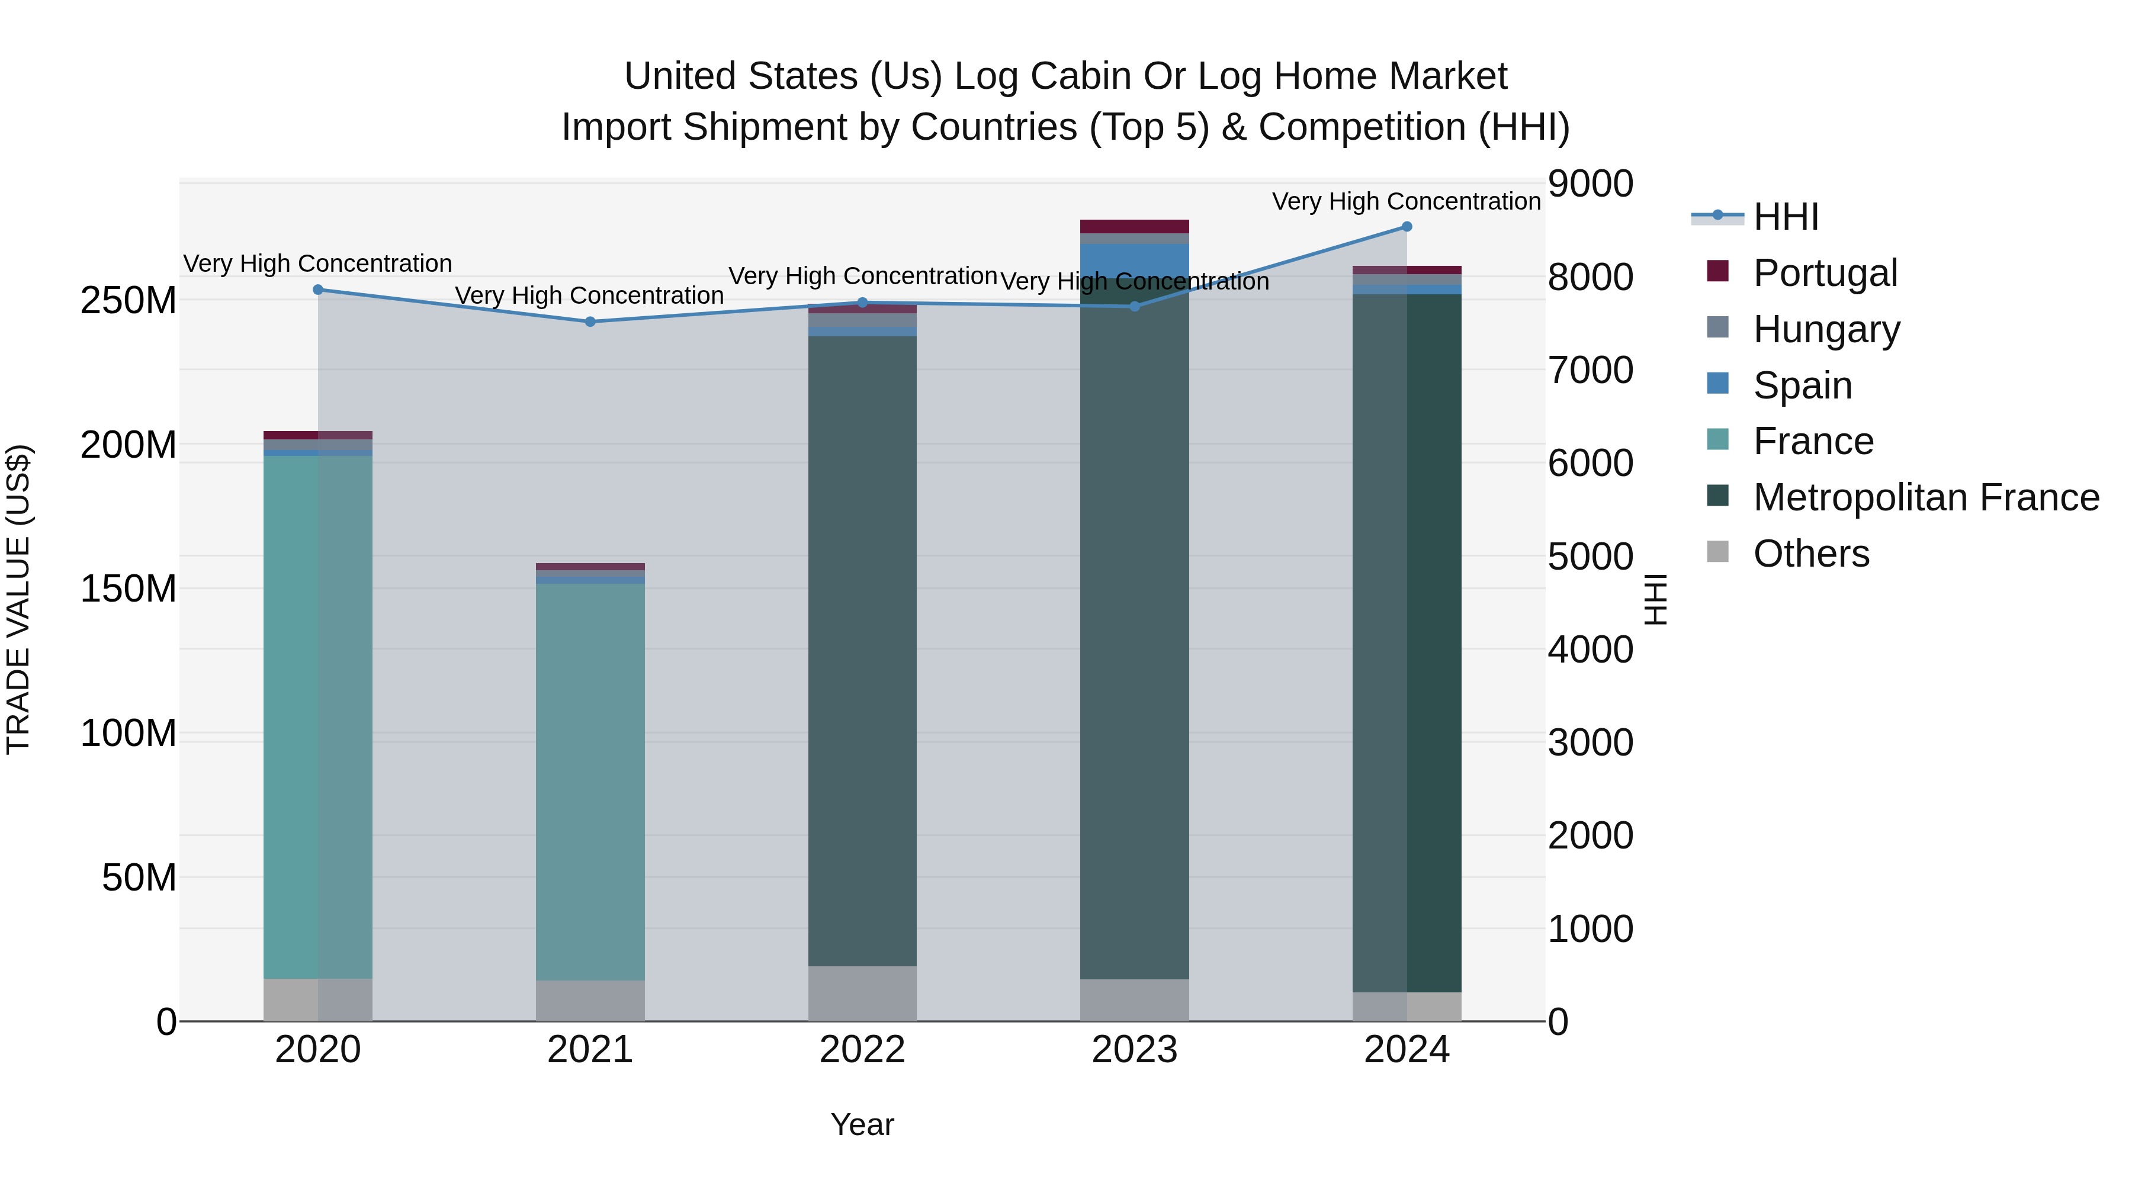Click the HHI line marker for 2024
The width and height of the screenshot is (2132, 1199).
pos(1406,227)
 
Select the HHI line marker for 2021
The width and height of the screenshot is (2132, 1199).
pos(590,322)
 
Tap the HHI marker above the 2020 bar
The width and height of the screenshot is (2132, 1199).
pos(318,290)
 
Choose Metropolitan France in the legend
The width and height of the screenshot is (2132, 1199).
pos(1925,497)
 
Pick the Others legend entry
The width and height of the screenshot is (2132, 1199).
pos(1811,554)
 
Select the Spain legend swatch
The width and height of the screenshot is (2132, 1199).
pos(1717,384)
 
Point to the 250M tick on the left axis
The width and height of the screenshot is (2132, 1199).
pos(129,300)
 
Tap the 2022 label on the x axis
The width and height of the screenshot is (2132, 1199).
pos(862,1050)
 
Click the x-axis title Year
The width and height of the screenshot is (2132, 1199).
pos(862,1124)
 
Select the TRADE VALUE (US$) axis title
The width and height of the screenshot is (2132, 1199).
pos(18,599)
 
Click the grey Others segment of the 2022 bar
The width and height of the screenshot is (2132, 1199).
pos(862,993)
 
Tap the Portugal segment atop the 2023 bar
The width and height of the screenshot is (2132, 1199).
pos(1135,227)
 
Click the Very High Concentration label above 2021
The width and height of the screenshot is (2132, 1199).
pos(589,295)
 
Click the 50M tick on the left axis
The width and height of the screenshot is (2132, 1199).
pos(139,877)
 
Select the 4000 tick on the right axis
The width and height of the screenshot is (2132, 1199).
pos(1590,650)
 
